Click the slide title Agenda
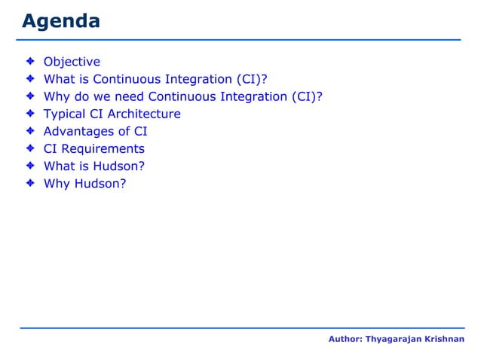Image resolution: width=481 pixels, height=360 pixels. click(61, 21)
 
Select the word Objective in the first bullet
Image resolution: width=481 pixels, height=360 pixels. click(72, 62)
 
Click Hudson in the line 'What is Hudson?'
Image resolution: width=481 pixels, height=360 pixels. click(119, 166)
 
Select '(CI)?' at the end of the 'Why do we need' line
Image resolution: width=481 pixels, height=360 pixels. click(307, 97)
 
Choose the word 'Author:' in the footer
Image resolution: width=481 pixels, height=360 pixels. click(345, 340)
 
